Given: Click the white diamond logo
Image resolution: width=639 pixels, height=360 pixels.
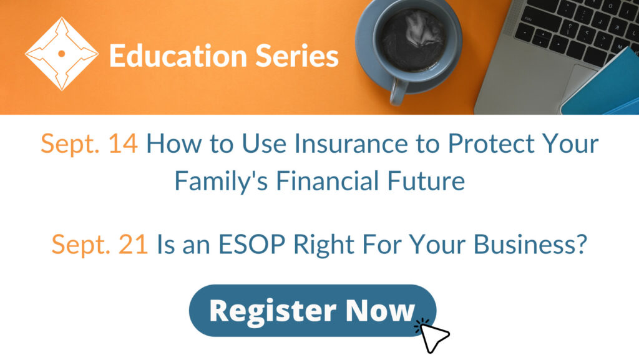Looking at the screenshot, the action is click(x=62, y=54).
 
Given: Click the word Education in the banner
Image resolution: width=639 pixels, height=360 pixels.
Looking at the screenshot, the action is click(x=178, y=56).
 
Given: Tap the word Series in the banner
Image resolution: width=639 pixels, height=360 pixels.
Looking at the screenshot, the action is click(x=297, y=56).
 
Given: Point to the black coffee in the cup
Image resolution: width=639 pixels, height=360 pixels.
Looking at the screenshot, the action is click(x=413, y=40).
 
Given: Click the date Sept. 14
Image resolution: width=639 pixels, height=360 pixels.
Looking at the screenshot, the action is click(x=89, y=144).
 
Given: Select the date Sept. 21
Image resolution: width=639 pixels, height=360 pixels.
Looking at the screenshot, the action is click(x=99, y=245).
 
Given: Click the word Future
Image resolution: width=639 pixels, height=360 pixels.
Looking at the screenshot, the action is click(x=426, y=180).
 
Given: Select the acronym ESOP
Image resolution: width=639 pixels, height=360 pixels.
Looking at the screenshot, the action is click(x=252, y=245).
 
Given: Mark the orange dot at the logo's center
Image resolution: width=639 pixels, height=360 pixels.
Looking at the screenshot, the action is click(x=62, y=54).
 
